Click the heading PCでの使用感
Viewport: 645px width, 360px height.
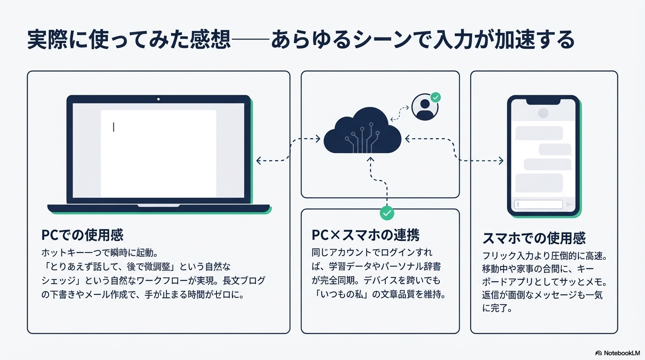click(82, 235)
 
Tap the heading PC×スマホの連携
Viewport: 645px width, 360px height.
click(365, 235)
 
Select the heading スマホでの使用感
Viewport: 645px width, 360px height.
click(534, 238)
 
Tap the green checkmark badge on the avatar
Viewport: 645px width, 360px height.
click(436, 97)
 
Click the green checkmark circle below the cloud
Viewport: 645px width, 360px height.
click(387, 213)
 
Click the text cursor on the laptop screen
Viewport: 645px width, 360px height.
click(113, 127)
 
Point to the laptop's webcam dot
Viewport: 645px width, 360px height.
click(158, 99)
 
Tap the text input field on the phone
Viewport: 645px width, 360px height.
click(538, 204)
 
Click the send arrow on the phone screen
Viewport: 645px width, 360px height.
click(569, 204)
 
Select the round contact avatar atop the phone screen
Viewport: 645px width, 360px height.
click(543, 113)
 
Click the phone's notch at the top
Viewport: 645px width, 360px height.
click(543, 102)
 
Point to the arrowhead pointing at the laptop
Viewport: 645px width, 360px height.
click(259, 161)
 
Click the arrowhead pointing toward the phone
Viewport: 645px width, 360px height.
click(501, 161)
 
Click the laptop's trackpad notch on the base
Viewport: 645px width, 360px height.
click(158, 205)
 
